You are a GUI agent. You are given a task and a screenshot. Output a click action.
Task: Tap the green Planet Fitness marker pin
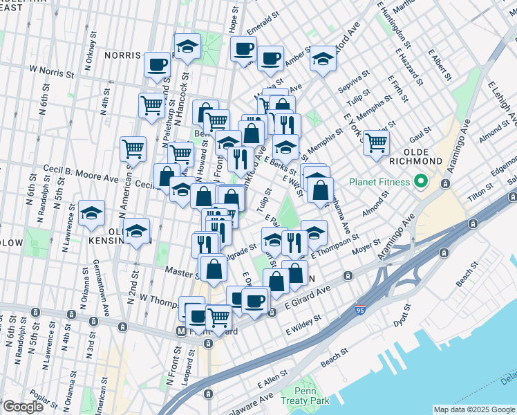[420, 183]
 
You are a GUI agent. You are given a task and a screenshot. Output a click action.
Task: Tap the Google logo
[23, 407]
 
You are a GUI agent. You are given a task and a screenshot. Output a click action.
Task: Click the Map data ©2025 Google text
[473, 409]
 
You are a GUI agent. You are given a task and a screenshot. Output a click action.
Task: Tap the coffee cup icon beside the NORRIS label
[157, 64]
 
